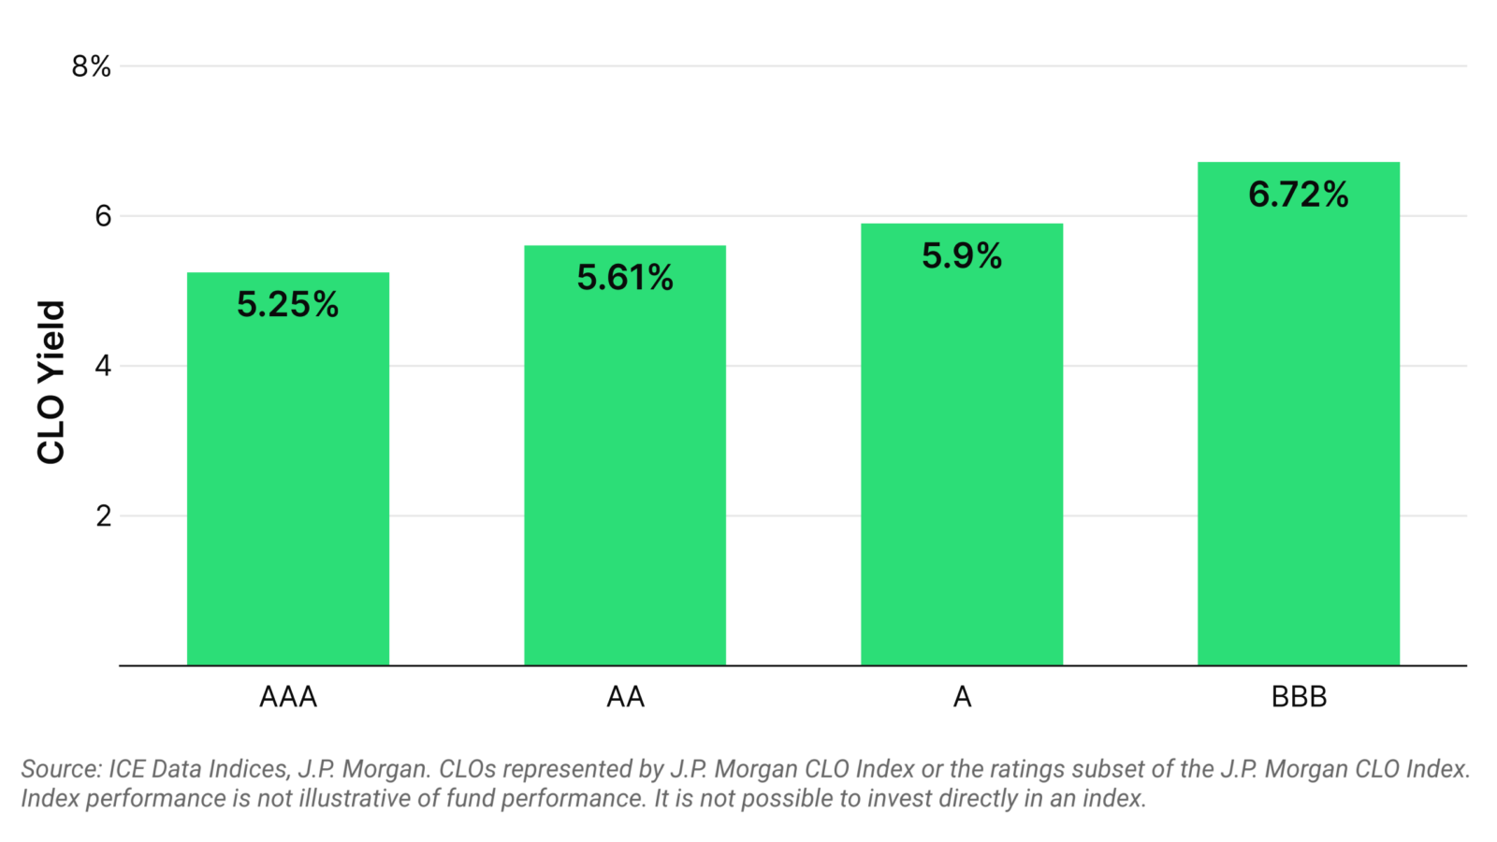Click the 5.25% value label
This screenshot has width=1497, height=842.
(x=287, y=304)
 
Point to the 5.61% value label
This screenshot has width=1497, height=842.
(x=624, y=277)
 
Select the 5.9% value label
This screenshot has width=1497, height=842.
(x=961, y=255)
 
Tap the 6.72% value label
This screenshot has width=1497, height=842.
(x=1298, y=195)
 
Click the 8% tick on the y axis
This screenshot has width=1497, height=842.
(x=91, y=66)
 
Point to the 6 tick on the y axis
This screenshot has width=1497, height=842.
(x=103, y=216)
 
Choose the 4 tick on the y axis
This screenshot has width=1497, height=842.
(x=103, y=366)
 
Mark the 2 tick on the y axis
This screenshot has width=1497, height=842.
(x=103, y=515)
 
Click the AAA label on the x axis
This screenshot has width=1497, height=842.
(x=287, y=697)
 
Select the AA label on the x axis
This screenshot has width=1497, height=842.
(x=625, y=697)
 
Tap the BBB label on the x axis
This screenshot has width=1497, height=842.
(x=1299, y=697)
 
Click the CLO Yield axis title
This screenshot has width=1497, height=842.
(x=51, y=382)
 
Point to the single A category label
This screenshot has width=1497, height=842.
(x=962, y=697)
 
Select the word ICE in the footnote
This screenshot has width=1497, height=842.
(x=127, y=769)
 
